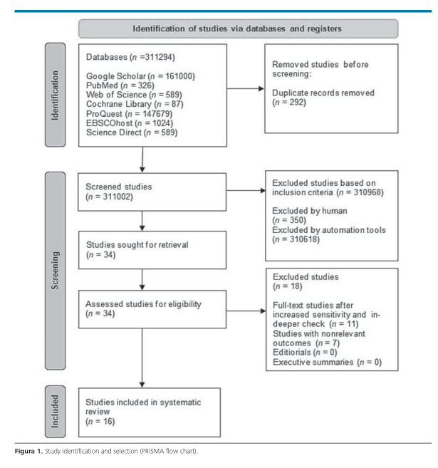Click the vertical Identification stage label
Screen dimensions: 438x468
55,95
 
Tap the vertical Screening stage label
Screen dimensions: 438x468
55,271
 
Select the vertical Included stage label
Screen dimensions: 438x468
55,411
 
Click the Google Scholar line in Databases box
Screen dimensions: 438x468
140,76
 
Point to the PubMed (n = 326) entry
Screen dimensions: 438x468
120,85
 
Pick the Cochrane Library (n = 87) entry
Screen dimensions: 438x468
135,104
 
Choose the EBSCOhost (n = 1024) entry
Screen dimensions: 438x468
130,123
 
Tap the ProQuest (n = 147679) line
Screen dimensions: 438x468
129,114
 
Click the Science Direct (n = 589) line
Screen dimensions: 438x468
132,132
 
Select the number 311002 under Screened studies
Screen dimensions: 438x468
117,197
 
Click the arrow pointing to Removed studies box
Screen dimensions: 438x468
246,88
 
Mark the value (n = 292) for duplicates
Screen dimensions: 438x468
289,103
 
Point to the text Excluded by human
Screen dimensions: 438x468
310,211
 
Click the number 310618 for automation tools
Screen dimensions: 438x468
303,239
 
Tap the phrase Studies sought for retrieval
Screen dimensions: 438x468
137,245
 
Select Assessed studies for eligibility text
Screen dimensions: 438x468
144,304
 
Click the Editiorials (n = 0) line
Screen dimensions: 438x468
305,353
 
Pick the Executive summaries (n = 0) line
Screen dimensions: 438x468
328,362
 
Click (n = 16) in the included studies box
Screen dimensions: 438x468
100,422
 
